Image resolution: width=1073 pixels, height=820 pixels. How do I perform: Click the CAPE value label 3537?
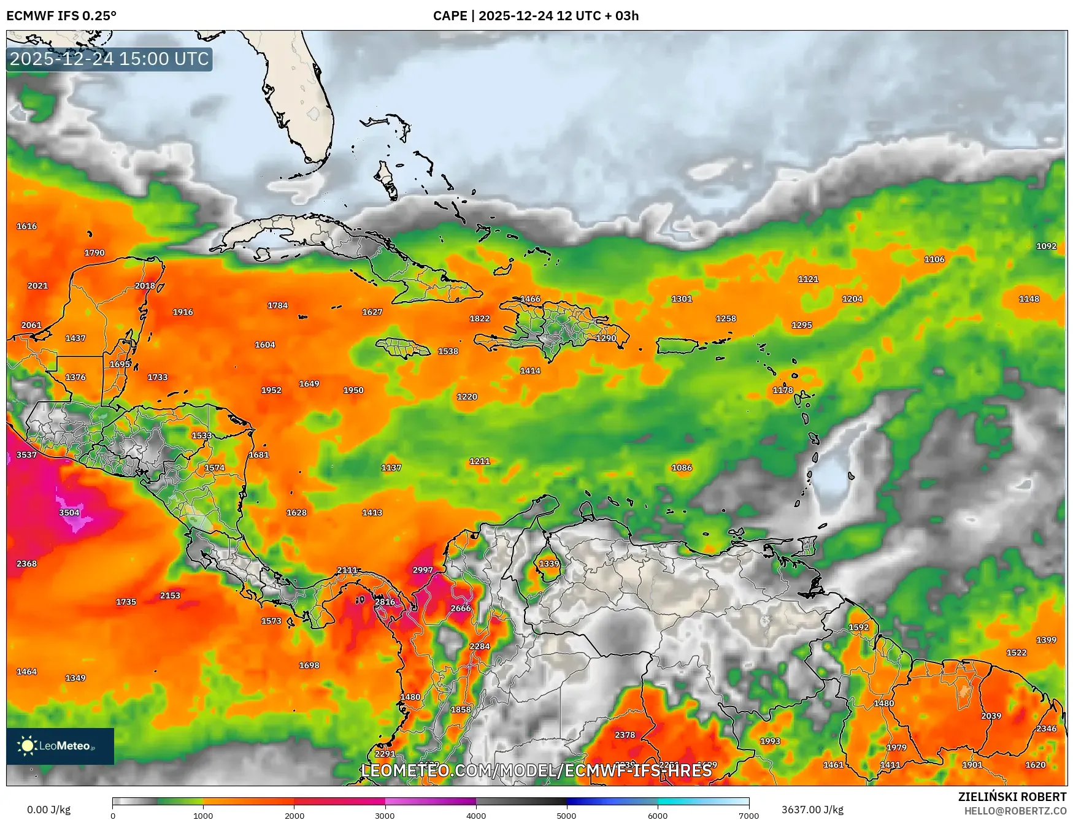point(26,454)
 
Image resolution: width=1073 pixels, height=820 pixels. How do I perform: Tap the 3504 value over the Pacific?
point(69,513)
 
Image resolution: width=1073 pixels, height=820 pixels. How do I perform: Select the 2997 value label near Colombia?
point(423,570)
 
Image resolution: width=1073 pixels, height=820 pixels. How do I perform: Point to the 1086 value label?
point(682,467)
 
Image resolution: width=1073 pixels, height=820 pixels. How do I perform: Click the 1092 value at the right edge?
point(1046,246)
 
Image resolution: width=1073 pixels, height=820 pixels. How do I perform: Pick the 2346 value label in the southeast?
point(1046,729)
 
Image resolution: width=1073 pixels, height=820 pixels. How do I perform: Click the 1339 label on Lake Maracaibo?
point(549,564)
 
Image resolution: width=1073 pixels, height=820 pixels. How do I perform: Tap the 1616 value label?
point(26,226)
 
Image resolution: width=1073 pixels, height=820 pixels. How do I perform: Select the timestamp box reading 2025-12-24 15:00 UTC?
point(109,59)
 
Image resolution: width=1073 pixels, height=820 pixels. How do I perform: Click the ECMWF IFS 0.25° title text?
point(61,16)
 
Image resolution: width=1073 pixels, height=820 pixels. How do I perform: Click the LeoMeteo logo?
point(60,746)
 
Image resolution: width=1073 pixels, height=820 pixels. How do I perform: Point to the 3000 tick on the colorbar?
point(385,815)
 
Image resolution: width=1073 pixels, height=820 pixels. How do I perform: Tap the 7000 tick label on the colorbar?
point(748,816)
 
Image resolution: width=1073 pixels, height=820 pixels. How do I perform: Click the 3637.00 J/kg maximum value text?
point(812,810)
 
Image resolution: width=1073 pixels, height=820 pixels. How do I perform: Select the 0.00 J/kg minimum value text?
point(48,810)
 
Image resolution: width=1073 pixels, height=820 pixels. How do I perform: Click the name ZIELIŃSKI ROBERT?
point(1012,797)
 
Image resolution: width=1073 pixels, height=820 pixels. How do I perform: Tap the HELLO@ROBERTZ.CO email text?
point(1015,811)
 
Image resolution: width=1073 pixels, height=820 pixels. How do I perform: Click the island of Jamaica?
point(403,349)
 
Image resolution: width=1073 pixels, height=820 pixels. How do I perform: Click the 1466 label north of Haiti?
point(530,299)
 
